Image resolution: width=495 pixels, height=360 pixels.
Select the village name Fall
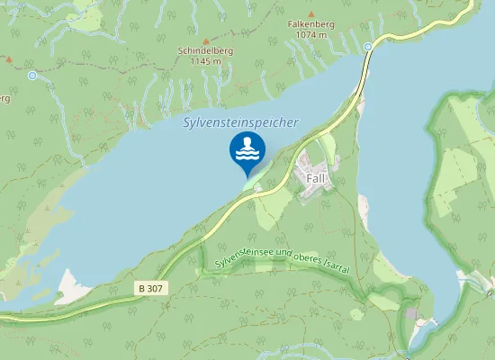[315, 178]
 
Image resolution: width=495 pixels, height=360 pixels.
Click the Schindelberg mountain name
[205, 51]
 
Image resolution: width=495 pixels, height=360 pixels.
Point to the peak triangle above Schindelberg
[205, 40]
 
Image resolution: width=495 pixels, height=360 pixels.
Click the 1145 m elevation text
[205, 61]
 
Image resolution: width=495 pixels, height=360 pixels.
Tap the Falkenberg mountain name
[310, 25]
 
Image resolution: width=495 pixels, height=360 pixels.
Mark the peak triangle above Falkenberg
[310, 14]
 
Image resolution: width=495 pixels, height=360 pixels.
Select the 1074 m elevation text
[310, 35]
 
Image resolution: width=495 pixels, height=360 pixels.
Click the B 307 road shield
[152, 288]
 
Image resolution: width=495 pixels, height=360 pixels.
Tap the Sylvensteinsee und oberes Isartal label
[282, 258]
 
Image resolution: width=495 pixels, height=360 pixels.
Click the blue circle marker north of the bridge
[368, 46]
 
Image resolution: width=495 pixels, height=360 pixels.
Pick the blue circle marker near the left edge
[32, 76]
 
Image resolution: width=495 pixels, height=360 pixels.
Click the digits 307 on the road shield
[157, 288]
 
